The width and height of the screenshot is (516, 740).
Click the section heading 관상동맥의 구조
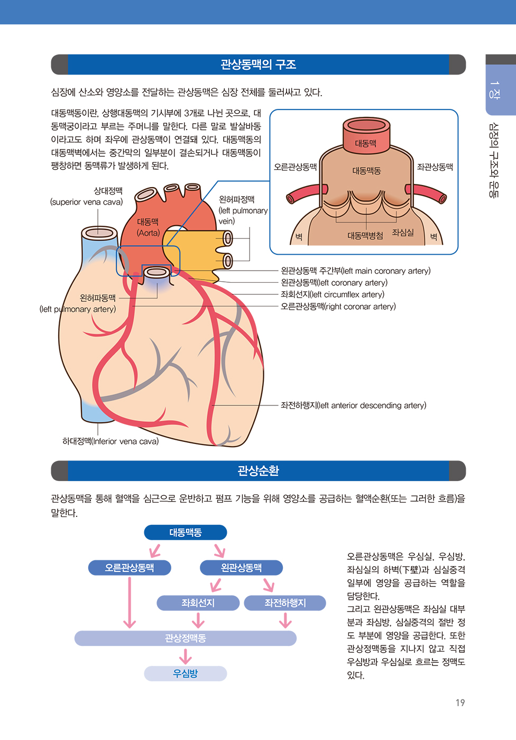pyautogui.click(x=259, y=64)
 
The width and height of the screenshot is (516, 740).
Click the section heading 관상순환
pyautogui.click(x=259, y=470)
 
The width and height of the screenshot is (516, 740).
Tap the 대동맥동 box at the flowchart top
pyautogui.click(x=186, y=532)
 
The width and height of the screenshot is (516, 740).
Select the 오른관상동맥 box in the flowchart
pyautogui.click(x=130, y=568)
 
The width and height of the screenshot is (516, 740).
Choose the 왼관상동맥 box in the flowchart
pyautogui.click(x=241, y=568)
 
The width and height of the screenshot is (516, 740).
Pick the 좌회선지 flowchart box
pyautogui.click(x=198, y=603)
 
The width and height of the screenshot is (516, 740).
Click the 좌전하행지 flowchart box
pyautogui.click(x=285, y=603)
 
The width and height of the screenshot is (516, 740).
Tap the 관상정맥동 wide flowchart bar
pyautogui.click(x=186, y=639)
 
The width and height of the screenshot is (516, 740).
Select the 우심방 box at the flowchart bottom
pyautogui.click(x=186, y=673)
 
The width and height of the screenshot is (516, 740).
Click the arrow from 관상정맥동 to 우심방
pyautogui.click(x=186, y=656)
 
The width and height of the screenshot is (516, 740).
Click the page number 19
pyautogui.click(x=460, y=702)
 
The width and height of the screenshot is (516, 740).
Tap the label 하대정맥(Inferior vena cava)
pyautogui.click(x=110, y=441)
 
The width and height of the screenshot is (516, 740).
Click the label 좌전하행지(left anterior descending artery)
pyautogui.click(x=354, y=405)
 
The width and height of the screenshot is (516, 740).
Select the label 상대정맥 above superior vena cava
pyautogui.click(x=108, y=191)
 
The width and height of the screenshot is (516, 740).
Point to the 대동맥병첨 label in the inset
pyautogui.click(x=365, y=236)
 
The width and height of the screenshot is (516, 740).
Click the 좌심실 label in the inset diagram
pyautogui.click(x=403, y=233)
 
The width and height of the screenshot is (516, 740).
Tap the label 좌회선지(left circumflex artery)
pyautogui.click(x=333, y=294)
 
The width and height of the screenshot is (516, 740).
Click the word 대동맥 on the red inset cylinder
pyautogui.click(x=366, y=143)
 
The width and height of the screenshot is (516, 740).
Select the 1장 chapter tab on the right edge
pyautogui.click(x=495, y=90)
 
